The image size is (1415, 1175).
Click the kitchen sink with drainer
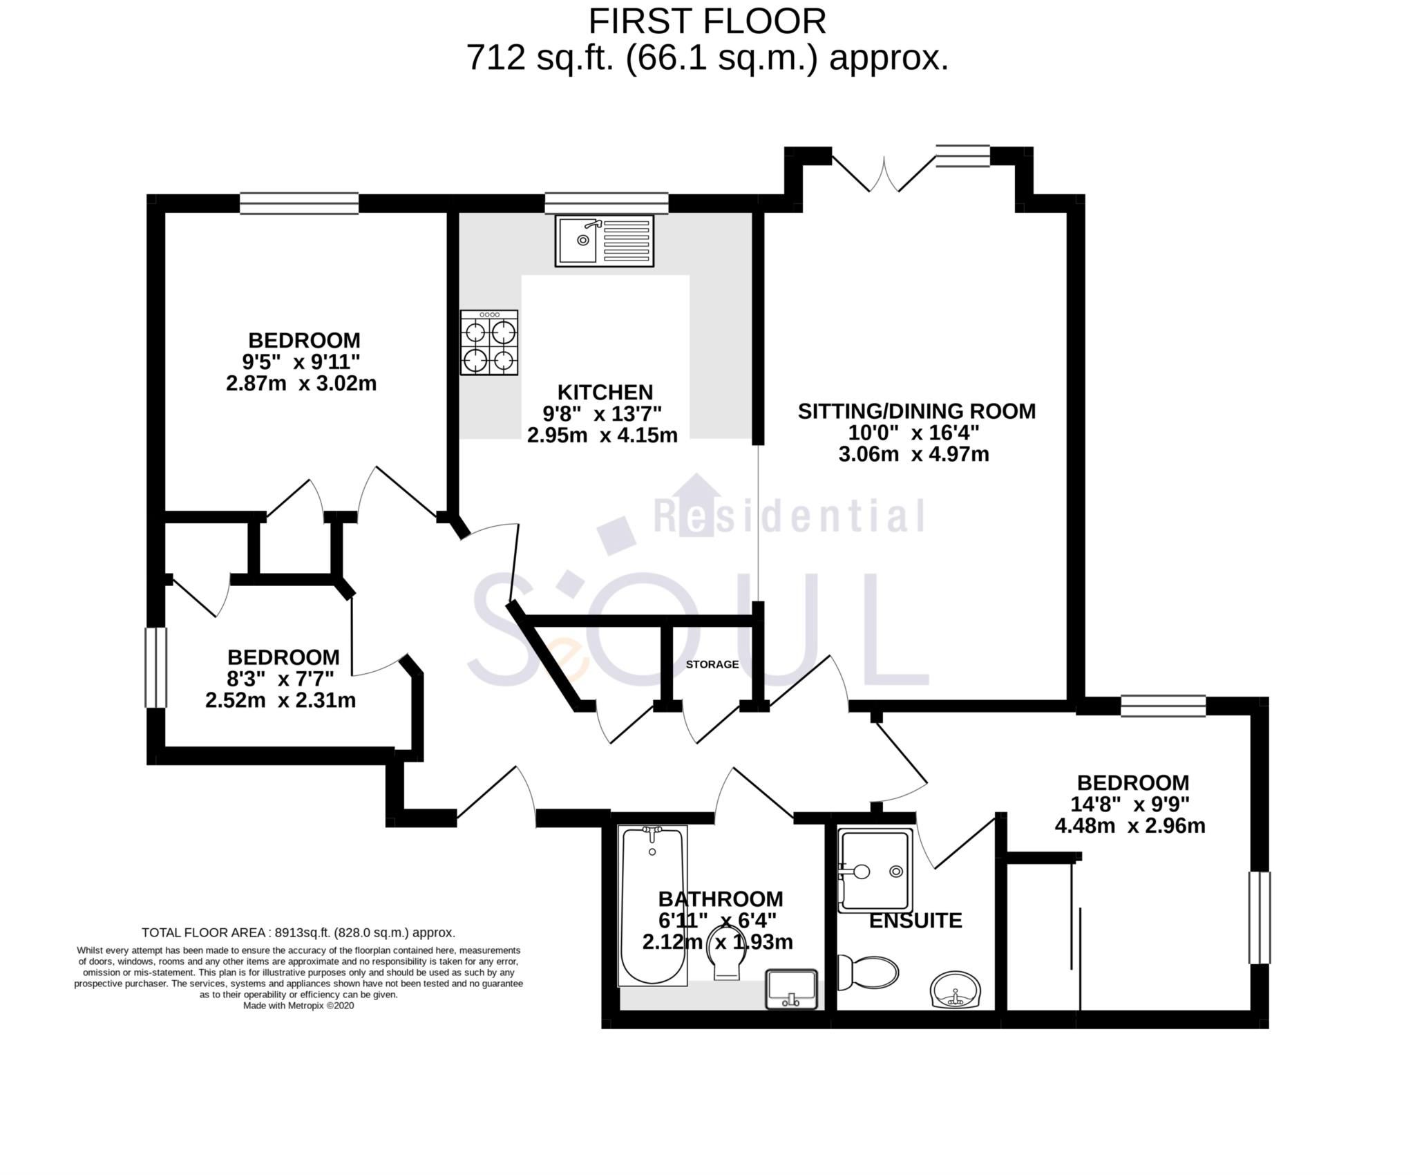pos(604,241)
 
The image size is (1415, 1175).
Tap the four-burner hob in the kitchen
pos(489,343)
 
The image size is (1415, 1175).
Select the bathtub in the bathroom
pos(652,905)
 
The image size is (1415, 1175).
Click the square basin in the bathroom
pos(792,989)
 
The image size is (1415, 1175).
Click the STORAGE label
pos(712,664)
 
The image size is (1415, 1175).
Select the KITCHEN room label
pos(605,392)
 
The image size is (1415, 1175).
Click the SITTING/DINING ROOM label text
pos(916,411)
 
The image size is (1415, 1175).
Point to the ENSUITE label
pos(915,921)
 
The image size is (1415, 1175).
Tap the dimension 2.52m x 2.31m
pos(280,700)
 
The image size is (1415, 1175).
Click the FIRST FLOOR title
pos(707,21)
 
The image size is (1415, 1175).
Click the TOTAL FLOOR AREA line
pos(298,932)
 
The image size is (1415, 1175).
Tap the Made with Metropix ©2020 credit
pos(298,1006)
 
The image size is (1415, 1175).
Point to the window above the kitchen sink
pos(606,203)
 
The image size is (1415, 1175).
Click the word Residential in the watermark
pos(788,516)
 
